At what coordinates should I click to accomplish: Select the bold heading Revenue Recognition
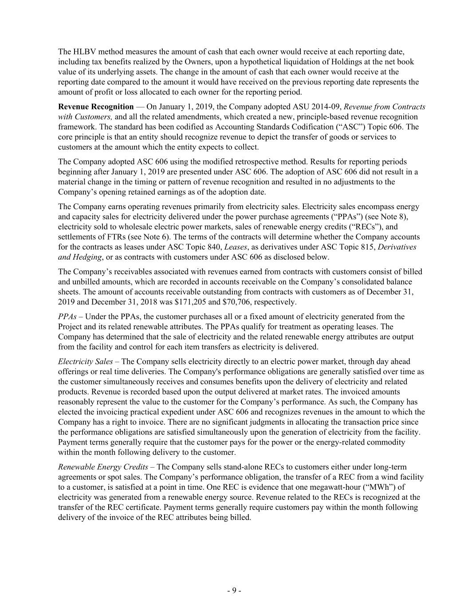[x=95, y=107]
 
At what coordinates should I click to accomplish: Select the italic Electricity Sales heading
[x=85, y=362]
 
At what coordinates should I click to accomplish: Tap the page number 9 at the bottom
[x=234, y=590]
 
